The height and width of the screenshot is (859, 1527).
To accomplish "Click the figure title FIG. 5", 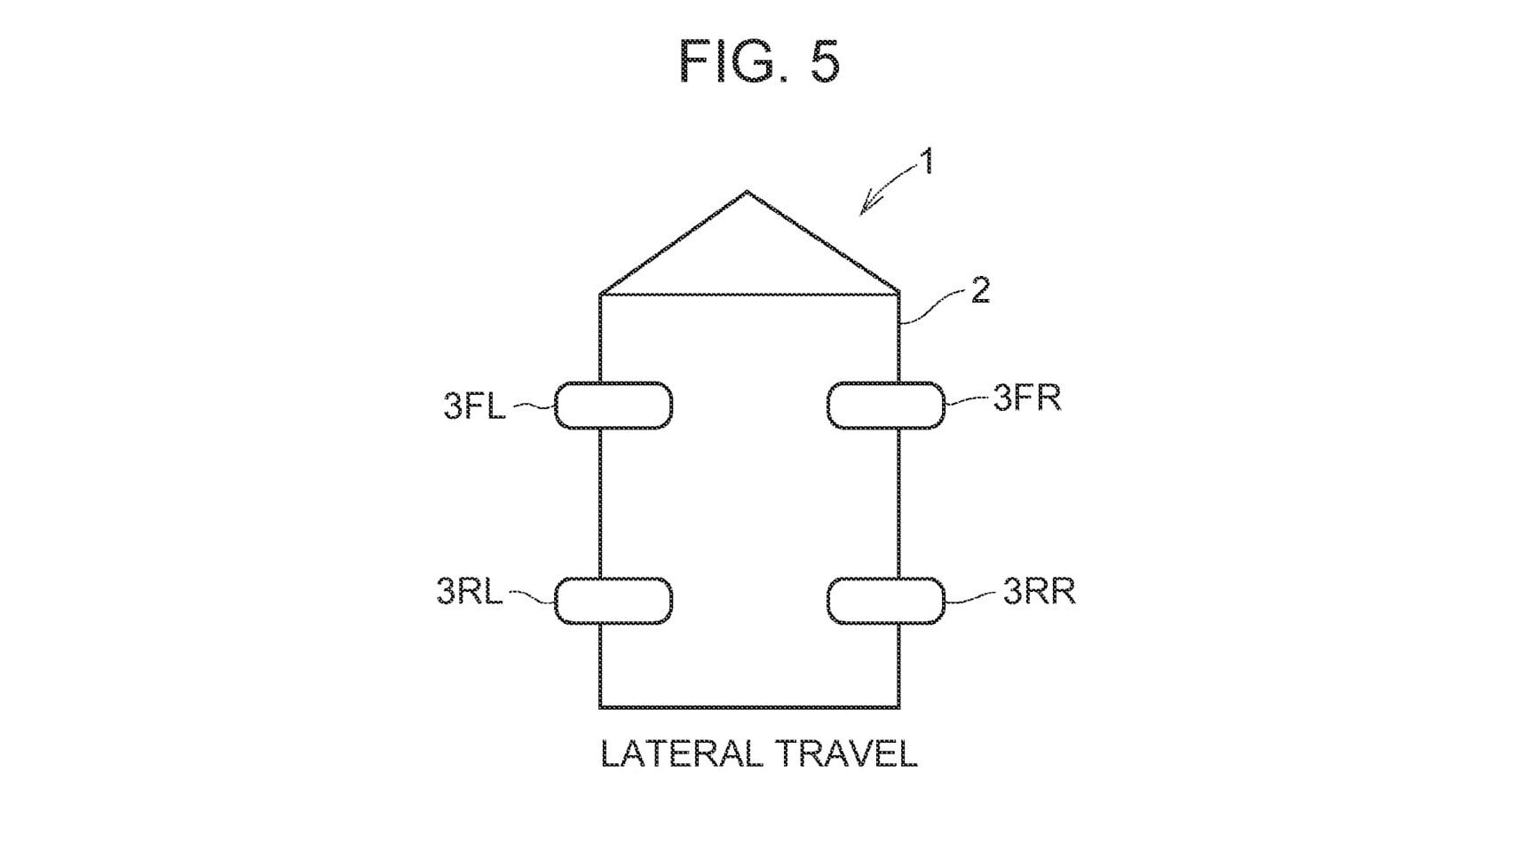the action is tap(759, 61).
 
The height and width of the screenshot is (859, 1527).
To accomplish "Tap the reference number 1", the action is tap(926, 162).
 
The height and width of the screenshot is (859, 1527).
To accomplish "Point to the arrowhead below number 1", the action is tap(866, 207).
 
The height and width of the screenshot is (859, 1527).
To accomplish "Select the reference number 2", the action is tap(979, 291).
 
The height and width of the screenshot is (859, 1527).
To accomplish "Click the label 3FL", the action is tap(474, 406).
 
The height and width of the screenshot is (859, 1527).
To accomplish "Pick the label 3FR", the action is tap(1027, 398).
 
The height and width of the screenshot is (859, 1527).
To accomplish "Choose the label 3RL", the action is tap(470, 591).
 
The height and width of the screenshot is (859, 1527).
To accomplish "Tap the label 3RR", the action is tap(1040, 591).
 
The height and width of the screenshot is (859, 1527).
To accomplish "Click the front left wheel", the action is tap(613, 406).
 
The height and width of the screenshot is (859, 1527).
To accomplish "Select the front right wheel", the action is tap(886, 406).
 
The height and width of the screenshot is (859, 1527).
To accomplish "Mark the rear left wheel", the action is tap(613, 601).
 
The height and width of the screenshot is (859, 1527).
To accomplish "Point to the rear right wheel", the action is tap(886, 601).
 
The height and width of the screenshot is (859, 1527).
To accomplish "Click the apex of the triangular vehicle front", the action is tap(747, 191).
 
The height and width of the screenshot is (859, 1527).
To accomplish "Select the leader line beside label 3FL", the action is tap(534, 406).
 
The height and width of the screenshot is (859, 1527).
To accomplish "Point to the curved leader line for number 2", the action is tap(932, 305).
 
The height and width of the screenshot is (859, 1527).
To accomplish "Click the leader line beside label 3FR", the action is tap(967, 401).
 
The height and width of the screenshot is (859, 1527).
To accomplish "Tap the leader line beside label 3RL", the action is tap(531, 596).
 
